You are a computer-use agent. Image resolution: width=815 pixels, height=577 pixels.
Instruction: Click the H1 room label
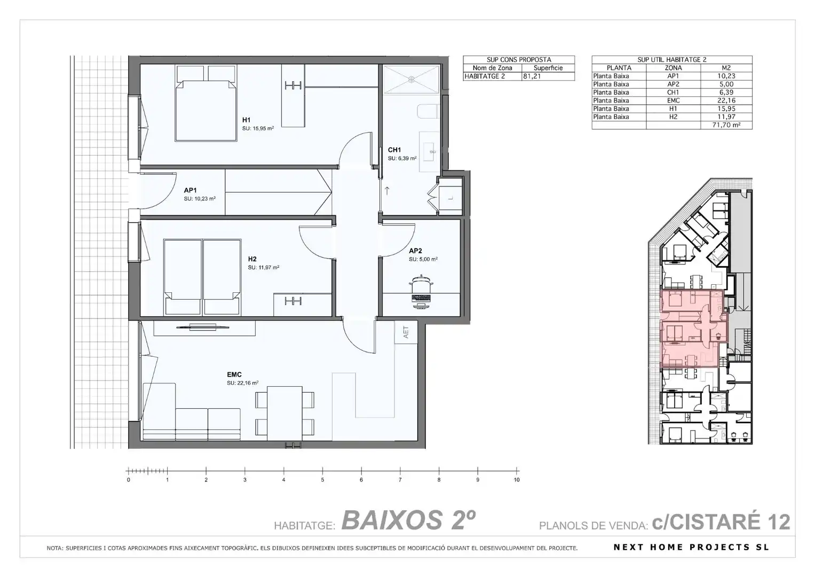[x=247, y=120]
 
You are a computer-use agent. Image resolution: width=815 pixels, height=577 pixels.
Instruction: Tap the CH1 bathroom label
[x=394, y=150]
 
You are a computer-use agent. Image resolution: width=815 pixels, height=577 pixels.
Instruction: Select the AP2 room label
[x=415, y=251]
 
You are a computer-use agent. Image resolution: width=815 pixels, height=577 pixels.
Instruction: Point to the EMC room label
[x=234, y=375]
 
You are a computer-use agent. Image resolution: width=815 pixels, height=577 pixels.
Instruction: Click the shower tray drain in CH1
[x=411, y=79]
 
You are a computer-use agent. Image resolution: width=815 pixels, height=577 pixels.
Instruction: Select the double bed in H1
[x=206, y=103]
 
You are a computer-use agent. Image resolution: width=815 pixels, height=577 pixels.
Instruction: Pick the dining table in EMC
[x=284, y=414]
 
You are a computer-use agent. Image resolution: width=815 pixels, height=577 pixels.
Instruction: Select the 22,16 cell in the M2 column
[x=726, y=100]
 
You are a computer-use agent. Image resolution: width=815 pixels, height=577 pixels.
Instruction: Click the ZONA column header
[x=673, y=68]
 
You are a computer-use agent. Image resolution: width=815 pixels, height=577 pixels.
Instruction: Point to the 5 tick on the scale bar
[x=322, y=471]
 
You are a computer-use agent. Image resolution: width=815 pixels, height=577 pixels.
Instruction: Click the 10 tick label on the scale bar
[x=517, y=480]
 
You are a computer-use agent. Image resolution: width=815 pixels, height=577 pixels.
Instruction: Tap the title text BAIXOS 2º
[x=408, y=520]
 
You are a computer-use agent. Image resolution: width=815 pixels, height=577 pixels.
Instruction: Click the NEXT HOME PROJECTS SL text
[x=691, y=547]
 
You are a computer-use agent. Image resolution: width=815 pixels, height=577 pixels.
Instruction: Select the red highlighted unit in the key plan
[x=691, y=328]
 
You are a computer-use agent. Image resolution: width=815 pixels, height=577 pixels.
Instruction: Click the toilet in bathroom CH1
[x=428, y=112]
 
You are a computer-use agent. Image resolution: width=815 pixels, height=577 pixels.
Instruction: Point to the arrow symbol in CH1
[x=387, y=191]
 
